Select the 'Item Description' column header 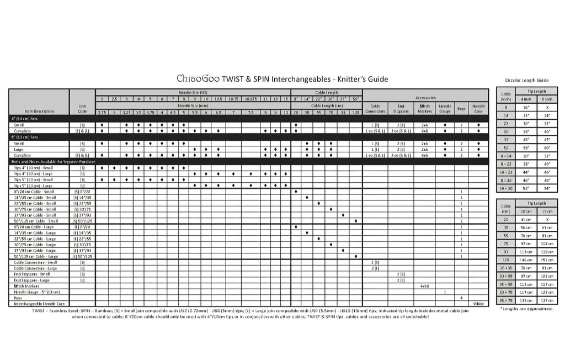click(40, 112)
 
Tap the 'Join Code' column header click(82, 108)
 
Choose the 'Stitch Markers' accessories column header click(425, 108)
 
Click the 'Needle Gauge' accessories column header click(445, 108)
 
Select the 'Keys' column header click(461, 108)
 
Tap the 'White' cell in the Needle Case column click(478, 304)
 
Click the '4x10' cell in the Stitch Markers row click(425, 286)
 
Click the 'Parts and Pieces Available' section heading click(53, 161)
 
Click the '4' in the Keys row click(461, 298)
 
